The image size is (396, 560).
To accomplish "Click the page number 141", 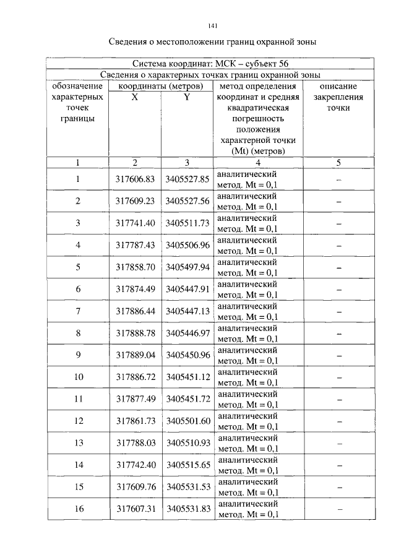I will pos(213,26).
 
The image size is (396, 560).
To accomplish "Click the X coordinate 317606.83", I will pos(134,179).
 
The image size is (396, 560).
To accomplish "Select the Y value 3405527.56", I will pos(187,201).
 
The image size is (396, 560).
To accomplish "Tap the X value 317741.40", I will pos(134,223).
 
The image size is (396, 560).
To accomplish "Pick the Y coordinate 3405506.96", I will pos(187,245).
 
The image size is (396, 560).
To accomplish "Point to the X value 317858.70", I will pos(134,267).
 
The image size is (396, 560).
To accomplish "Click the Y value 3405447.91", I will pos(187,289).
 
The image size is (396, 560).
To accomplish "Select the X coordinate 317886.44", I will pos(134,311).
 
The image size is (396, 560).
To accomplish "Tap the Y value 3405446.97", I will pos(187,333).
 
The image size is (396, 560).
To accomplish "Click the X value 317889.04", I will pos(134,355).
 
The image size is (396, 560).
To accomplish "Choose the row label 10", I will pos(79,377).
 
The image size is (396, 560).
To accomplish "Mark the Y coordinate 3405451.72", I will pos(187,399).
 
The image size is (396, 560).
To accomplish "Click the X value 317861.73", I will pos(134,421).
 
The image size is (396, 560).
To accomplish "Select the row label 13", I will pos(79,443).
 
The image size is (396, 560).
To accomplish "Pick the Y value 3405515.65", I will pos(187,465).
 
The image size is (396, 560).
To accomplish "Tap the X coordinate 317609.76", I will pos(134,487).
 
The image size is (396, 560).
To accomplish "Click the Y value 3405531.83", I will pos(187,509).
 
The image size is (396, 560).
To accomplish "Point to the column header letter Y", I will pos(186,97).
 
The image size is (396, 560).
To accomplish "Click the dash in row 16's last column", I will pos(338,509).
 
